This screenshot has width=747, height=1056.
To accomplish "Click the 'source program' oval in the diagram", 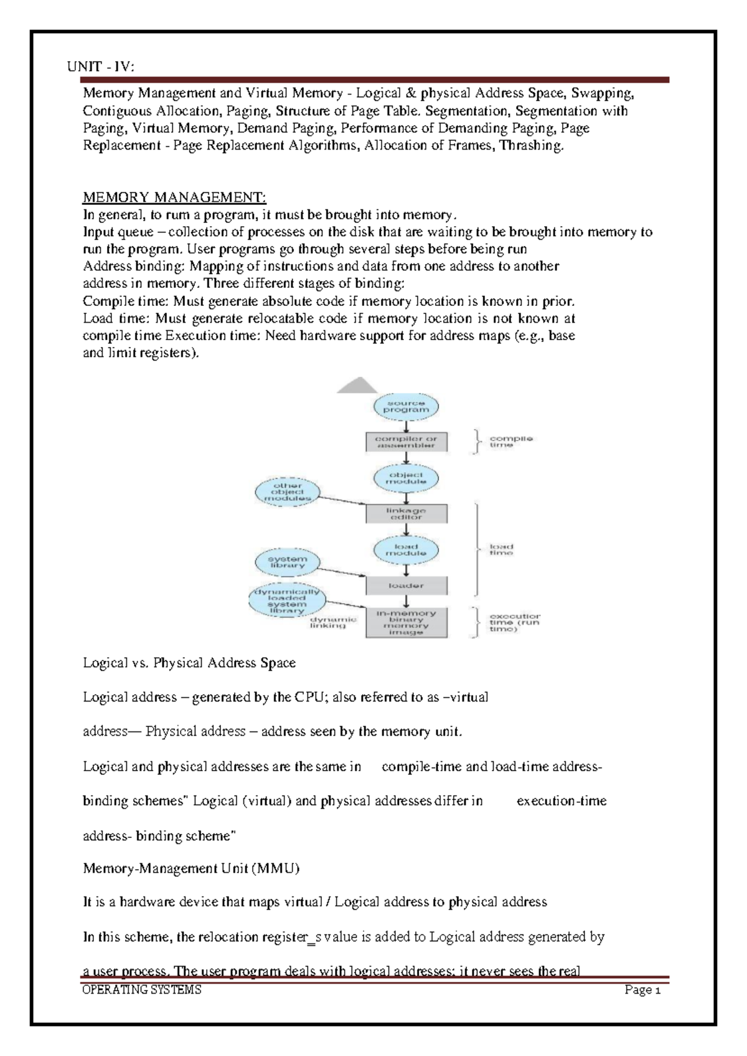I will (x=406, y=407).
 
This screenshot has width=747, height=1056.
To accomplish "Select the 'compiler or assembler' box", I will (x=406, y=442).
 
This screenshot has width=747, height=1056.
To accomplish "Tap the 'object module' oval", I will (x=406, y=478).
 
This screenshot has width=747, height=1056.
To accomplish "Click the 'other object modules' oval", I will (x=287, y=492).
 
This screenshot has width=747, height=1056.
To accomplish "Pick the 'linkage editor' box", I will (x=406, y=514).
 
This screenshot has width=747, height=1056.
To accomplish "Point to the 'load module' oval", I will (x=406, y=550).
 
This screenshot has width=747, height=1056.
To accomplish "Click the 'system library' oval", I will (x=287, y=563).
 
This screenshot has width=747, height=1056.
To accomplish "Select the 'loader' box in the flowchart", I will (x=406, y=586).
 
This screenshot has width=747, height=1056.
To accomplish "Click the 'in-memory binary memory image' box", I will (x=406, y=622).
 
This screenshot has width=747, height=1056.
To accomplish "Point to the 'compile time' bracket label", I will (x=510, y=442).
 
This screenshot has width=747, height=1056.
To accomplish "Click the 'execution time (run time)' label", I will (x=514, y=622).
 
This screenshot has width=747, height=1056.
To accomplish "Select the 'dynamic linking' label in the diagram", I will (x=333, y=622).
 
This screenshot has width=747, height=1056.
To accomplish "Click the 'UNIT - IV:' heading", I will (x=100, y=67).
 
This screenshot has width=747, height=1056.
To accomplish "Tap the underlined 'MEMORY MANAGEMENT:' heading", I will (x=174, y=197).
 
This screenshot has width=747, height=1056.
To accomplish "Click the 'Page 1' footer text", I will (x=642, y=990).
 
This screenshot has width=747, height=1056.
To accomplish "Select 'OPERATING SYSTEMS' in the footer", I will (x=142, y=990).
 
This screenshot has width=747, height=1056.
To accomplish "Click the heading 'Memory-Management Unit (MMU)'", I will (x=191, y=868).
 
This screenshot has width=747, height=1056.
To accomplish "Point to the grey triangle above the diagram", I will (x=357, y=387).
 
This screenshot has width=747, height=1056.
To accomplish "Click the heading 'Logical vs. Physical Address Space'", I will (x=189, y=663).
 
